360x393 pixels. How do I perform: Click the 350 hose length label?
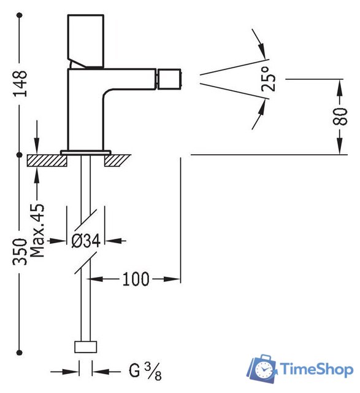tap(20, 251)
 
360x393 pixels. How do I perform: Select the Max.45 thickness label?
tap(38, 231)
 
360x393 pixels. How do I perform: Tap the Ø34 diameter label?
tap(85, 241)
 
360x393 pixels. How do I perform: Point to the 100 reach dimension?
tap(135, 279)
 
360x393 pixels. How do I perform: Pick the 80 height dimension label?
tap(339, 114)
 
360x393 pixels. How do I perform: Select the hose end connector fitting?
tap(85, 347)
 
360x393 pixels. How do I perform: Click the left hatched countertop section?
tap(47, 160)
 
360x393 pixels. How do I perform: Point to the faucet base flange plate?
tap(85, 150)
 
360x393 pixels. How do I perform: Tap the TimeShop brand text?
tap(316, 368)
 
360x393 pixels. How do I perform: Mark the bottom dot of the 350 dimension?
tap(20, 351)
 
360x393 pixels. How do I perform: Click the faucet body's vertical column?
tap(85, 111)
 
